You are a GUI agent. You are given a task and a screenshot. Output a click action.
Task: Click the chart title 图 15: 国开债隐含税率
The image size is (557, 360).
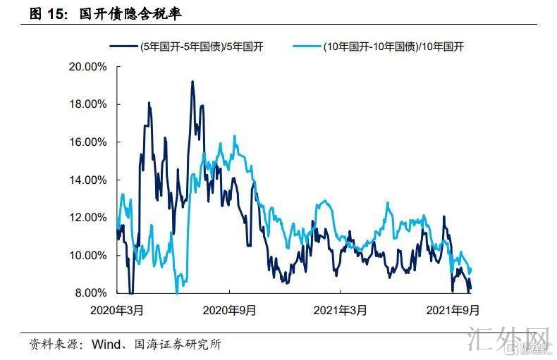[105, 13]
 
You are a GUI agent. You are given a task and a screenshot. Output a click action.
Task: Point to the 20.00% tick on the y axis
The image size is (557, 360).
[87, 67]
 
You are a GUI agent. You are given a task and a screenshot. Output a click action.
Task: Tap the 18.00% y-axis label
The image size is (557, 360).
[87, 104]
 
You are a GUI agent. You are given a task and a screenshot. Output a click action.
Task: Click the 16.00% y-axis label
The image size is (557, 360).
[87, 142]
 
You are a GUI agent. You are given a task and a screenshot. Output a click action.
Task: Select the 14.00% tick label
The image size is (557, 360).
[87, 180]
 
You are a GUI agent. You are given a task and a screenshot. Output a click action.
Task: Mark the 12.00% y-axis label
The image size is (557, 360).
[87, 218]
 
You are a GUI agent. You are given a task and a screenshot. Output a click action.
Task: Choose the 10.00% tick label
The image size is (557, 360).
[87, 255]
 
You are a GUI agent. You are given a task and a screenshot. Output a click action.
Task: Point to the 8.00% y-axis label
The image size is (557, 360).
[89, 292]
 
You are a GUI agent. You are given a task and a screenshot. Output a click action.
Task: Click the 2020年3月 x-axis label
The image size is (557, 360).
[118, 309]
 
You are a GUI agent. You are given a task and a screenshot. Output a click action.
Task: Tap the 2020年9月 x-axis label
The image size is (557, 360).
[229, 309]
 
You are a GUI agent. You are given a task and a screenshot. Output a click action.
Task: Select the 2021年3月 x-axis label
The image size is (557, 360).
[339, 309]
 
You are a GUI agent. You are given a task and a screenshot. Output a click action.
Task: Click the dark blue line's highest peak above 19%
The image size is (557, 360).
[192, 82]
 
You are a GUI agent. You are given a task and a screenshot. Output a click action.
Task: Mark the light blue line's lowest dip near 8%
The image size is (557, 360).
[177, 290]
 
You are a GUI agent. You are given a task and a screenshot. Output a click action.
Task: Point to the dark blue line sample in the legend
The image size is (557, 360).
[123, 46]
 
